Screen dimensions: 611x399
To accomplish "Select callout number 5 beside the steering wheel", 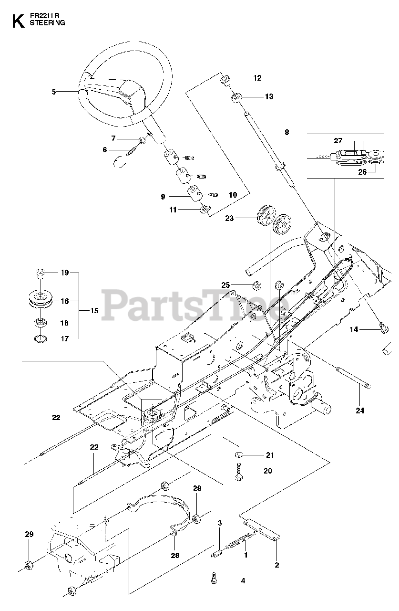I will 53,91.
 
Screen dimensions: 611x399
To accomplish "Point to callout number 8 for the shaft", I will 286,132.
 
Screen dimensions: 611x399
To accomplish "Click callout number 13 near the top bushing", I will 269,97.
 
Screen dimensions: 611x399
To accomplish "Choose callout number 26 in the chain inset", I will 362,172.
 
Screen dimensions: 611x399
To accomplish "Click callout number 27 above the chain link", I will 338,141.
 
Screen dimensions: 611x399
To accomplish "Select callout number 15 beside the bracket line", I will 94,311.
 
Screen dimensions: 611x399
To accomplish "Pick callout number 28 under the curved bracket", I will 175,555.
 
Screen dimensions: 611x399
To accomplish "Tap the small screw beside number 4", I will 213,579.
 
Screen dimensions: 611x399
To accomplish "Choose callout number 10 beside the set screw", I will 233,195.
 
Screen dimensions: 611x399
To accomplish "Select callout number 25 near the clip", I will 225,285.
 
